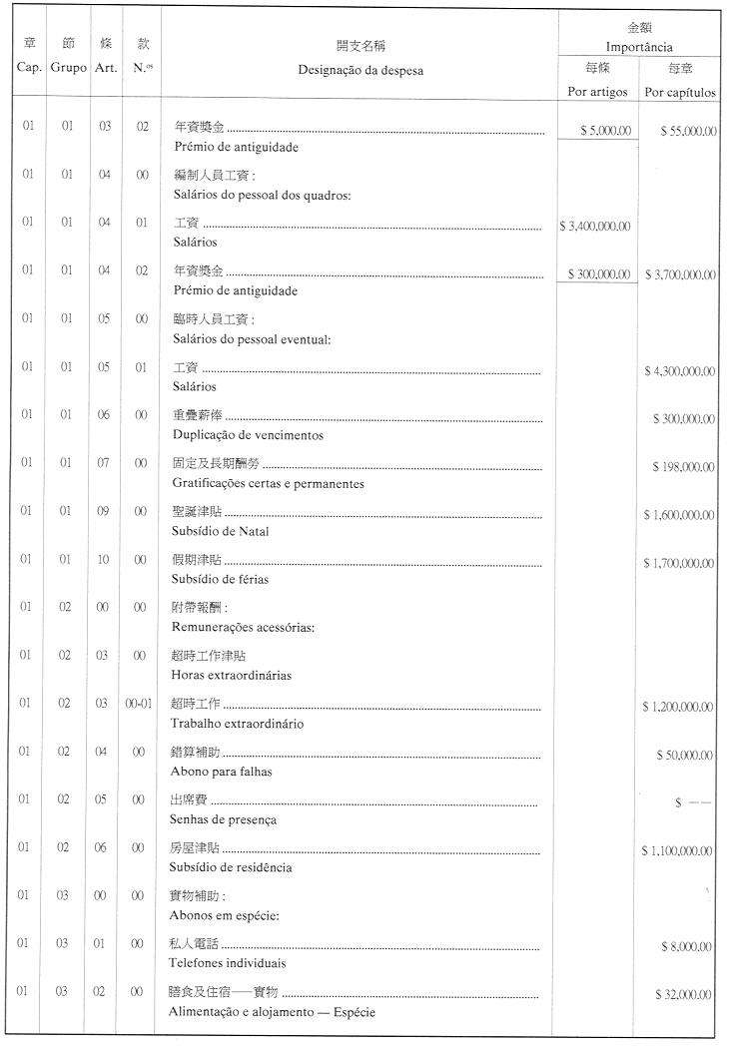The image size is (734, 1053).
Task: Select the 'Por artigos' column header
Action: [x=598, y=92]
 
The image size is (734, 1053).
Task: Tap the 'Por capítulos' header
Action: [x=680, y=92]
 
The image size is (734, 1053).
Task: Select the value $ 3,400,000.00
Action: [x=595, y=227]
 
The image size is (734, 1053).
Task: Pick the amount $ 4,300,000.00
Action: [x=680, y=371]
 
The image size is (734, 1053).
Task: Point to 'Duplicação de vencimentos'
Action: [x=248, y=435]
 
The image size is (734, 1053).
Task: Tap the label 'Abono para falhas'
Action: [x=222, y=771]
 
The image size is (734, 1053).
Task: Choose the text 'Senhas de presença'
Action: [x=224, y=819]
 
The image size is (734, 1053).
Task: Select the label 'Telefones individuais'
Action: [x=229, y=963]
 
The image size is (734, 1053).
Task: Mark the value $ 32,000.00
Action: [x=684, y=995]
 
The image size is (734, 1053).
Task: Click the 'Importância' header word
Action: [x=639, y=47]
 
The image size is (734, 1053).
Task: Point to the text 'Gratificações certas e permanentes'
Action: [x=268, y=483]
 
